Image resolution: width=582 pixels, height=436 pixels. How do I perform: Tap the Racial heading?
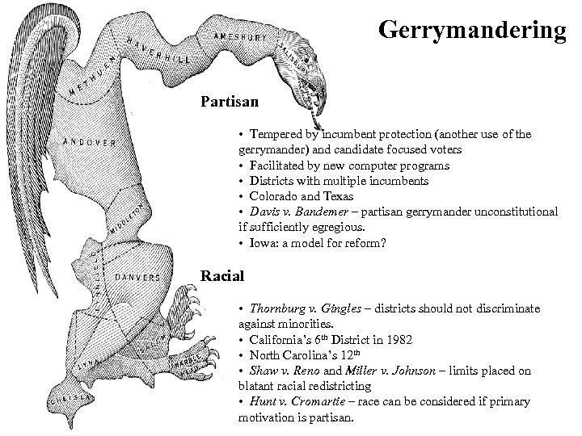[x=222, y=276]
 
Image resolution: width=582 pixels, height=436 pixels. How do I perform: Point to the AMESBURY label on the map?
[x=241, y=36]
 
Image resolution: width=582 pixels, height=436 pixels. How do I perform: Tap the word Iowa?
[x=264, y=242]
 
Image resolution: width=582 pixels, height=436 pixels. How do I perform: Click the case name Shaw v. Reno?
[x=278, y=371]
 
